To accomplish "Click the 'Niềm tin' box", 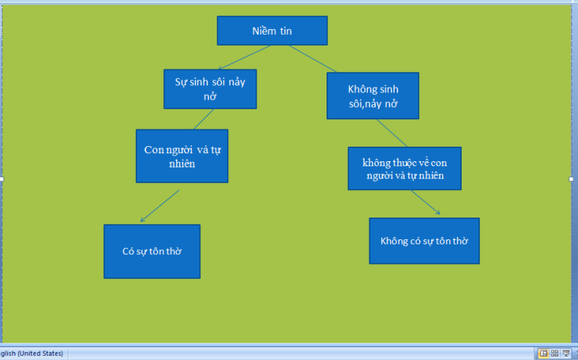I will (x=272, y=30).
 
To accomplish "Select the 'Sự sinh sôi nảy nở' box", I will (x=210, y=88).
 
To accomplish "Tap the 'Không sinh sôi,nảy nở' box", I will (x=373, y=95).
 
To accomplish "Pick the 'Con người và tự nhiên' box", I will (x=181, y=155).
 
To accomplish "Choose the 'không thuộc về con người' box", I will (x=404, y=168).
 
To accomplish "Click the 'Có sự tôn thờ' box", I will (x=152, y=251).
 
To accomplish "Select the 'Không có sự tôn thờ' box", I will (x=424, y=240).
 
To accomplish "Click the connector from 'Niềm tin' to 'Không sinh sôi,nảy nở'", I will (x=313, y=59).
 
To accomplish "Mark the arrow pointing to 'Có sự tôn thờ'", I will (x=160, y=206).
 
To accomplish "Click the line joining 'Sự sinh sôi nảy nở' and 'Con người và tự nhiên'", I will (x=203, y=119).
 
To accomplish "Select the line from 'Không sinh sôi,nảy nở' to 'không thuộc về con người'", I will (x=392, y=133).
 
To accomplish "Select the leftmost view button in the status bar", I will (x=543, y=353).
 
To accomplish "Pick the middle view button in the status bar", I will (x=554, y=353).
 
